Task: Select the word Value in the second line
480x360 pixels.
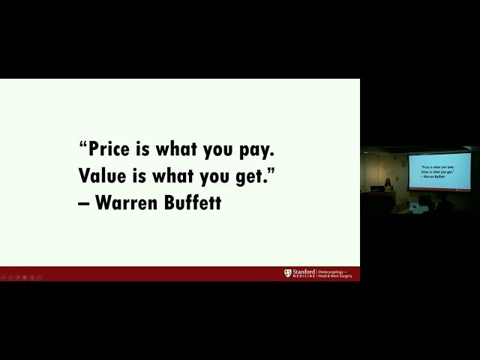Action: [102, 175]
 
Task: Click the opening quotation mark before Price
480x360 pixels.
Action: [82, 144]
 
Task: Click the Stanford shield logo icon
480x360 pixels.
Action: [287, 273]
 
